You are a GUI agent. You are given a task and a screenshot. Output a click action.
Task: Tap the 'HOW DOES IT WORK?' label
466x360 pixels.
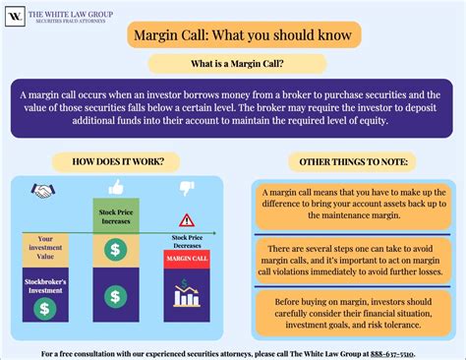(x=112, y=161)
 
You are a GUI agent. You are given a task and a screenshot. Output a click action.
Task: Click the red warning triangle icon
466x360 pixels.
(x=187, y=220)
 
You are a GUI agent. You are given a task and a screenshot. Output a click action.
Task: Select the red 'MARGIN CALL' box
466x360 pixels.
(x=187, y=258)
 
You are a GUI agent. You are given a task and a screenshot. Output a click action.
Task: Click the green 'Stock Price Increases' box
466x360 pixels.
(x=115, y=214)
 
